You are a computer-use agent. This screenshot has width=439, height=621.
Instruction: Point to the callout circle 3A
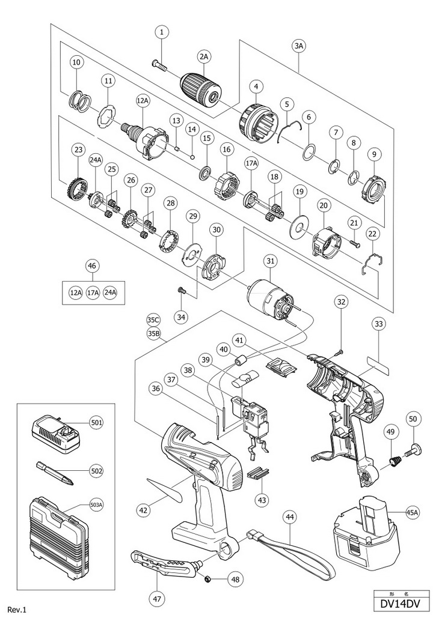click(299, 46)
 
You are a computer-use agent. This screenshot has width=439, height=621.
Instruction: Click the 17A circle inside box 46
click(93, 292)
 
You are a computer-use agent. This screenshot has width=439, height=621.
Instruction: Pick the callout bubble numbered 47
click(158, 598)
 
